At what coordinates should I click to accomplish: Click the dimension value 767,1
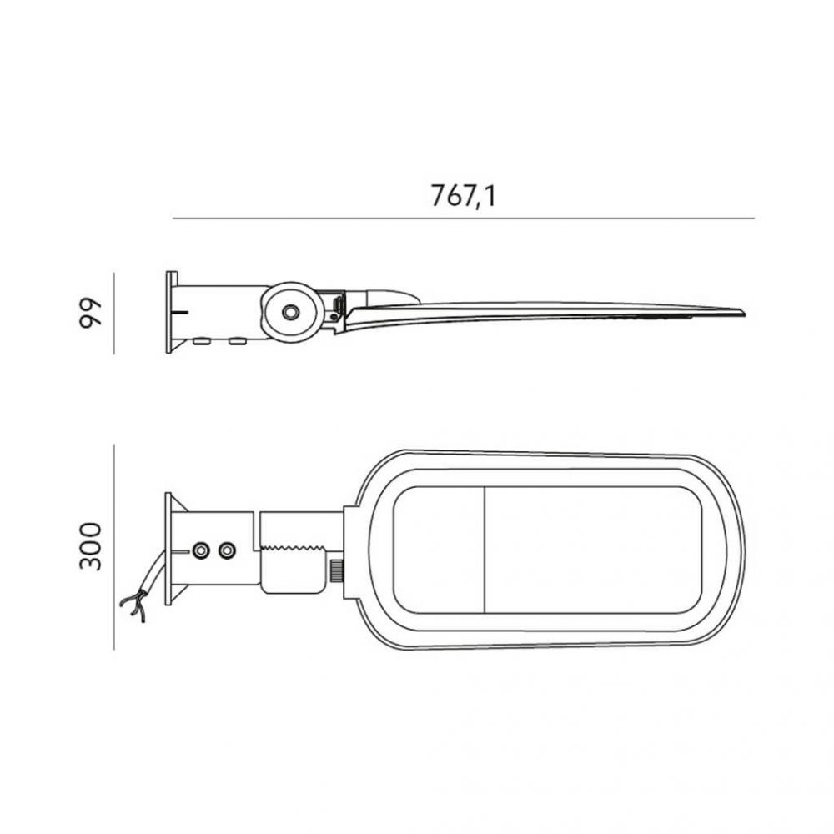tap(463, 196)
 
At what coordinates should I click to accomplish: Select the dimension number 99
tap(90, 313)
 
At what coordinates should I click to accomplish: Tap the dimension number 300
tap(90, 546)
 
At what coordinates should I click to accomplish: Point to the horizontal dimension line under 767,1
tap(463, 218)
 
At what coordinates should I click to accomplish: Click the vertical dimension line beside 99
tap(113, 314)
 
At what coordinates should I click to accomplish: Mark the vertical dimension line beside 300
tap(113, 547)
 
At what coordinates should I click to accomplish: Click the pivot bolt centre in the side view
tap(290, 312)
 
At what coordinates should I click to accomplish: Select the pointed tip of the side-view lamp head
tap(744, 313)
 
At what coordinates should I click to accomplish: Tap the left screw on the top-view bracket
tap(201, 550)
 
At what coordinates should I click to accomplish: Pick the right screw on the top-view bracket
tap(228, 550)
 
